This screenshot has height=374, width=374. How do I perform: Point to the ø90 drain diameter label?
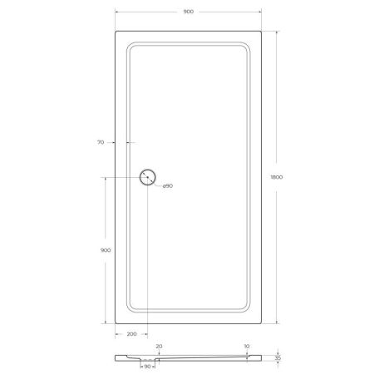tap(167, 185)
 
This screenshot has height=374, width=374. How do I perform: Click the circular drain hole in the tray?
tap(148, 176)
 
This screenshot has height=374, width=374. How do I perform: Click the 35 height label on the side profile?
tap(279, 357)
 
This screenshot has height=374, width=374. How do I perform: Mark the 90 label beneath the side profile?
tap(148, 366)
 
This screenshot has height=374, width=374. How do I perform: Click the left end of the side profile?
tap(116, 357)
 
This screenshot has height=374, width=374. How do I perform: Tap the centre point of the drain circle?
tap(148, 176)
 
